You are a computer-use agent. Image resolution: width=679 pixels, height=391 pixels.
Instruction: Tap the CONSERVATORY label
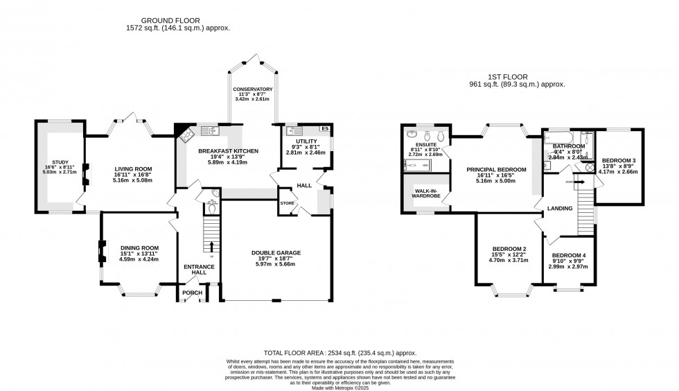[x=252, y=89]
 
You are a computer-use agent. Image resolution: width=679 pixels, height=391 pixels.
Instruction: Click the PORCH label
[x=192, y=293]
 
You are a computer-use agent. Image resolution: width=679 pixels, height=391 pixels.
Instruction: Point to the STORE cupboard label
[x=288, y=203]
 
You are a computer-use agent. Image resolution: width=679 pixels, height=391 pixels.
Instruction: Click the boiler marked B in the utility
[x=324, y=129]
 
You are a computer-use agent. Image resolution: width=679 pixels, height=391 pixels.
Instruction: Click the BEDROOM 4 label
[x=569, y=255]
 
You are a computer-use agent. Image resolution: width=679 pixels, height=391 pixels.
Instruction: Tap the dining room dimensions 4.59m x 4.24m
[x=139, y=259]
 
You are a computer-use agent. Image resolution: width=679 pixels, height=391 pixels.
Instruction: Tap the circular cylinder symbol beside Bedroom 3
[x=590, y=167]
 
